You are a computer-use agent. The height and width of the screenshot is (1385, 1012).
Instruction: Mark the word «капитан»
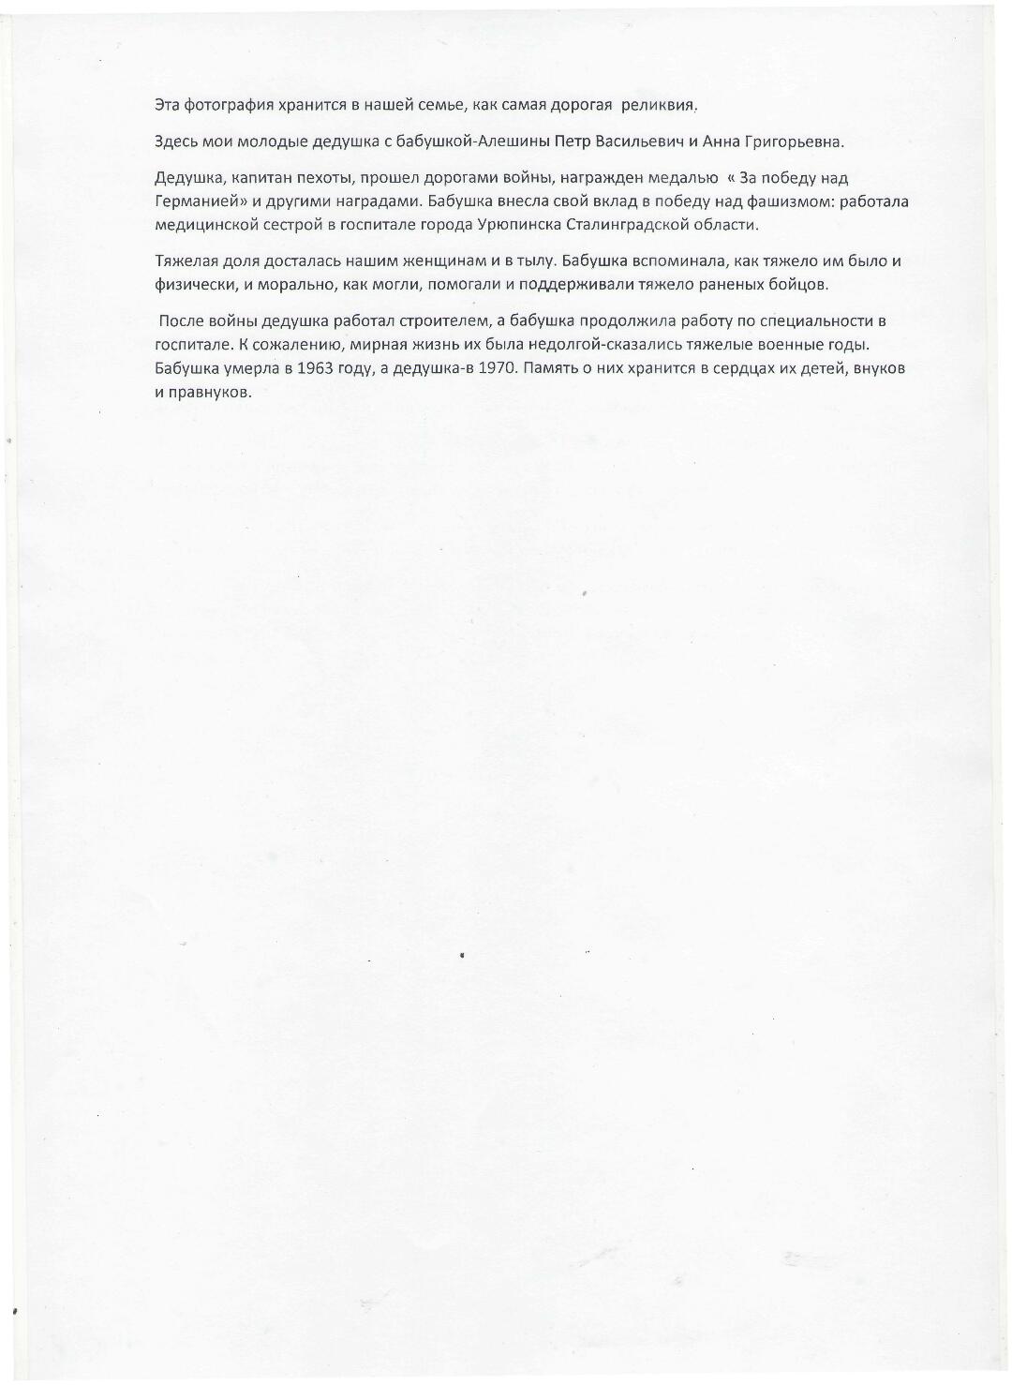(x=268, y=178)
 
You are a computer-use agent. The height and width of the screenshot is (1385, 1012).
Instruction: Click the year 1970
(x=497, y=368)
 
